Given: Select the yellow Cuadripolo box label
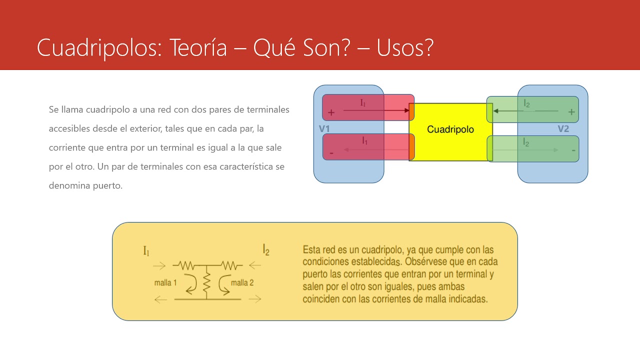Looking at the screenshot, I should tap(450, 129).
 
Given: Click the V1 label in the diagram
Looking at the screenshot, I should tap(324, 129).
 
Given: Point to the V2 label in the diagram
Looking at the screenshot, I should tap(563, 129).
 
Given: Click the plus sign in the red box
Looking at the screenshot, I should tap(331, 113).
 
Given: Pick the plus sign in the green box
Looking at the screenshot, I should tap(571, 112).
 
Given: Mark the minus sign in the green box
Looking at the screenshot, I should tap(573, 150).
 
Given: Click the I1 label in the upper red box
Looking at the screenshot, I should tap(363, 103).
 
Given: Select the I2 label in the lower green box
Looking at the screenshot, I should tap(526, 142).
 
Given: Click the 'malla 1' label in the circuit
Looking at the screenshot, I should tap(165, 283).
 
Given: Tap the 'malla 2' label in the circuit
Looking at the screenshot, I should tap(242, 283).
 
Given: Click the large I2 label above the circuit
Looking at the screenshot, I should tap(266, 249).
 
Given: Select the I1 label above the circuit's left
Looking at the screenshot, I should tap(146, 251).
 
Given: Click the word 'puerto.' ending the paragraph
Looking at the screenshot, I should tap(108, 185).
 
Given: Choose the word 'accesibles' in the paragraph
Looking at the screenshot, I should tap(69, 128).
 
